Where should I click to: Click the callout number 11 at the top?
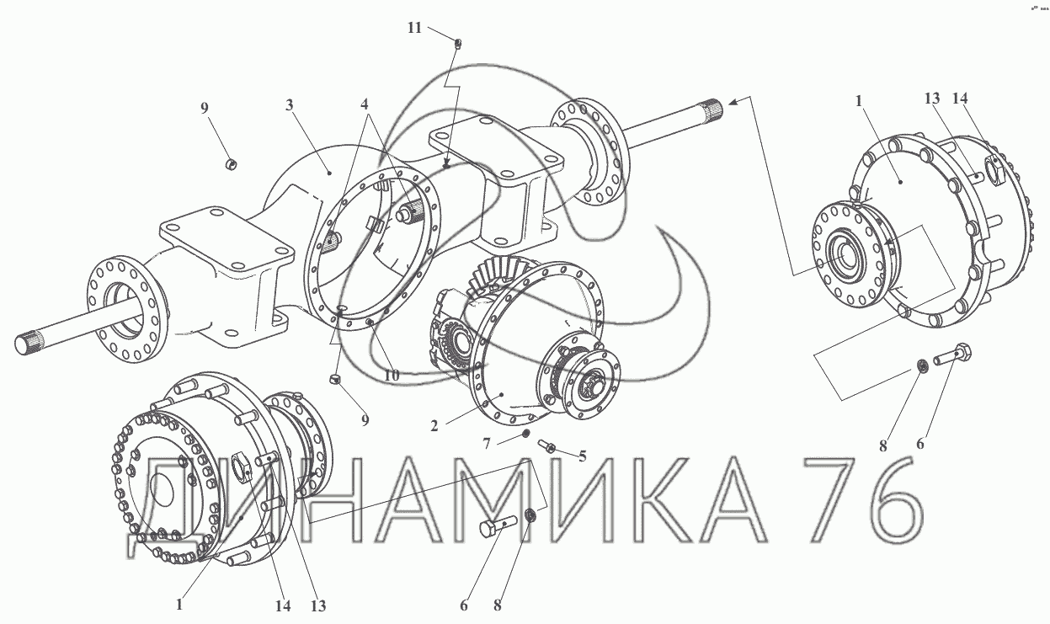(415, 28)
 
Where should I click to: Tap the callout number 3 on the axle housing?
(290, 105)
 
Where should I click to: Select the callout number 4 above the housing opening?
(365, 104)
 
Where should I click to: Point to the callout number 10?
(392, 376)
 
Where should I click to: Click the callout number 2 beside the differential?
(434, 426)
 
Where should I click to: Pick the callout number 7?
(487, 443)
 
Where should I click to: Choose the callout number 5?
(583, 456)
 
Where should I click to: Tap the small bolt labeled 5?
(546, 445)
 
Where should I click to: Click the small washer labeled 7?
(526, 433)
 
